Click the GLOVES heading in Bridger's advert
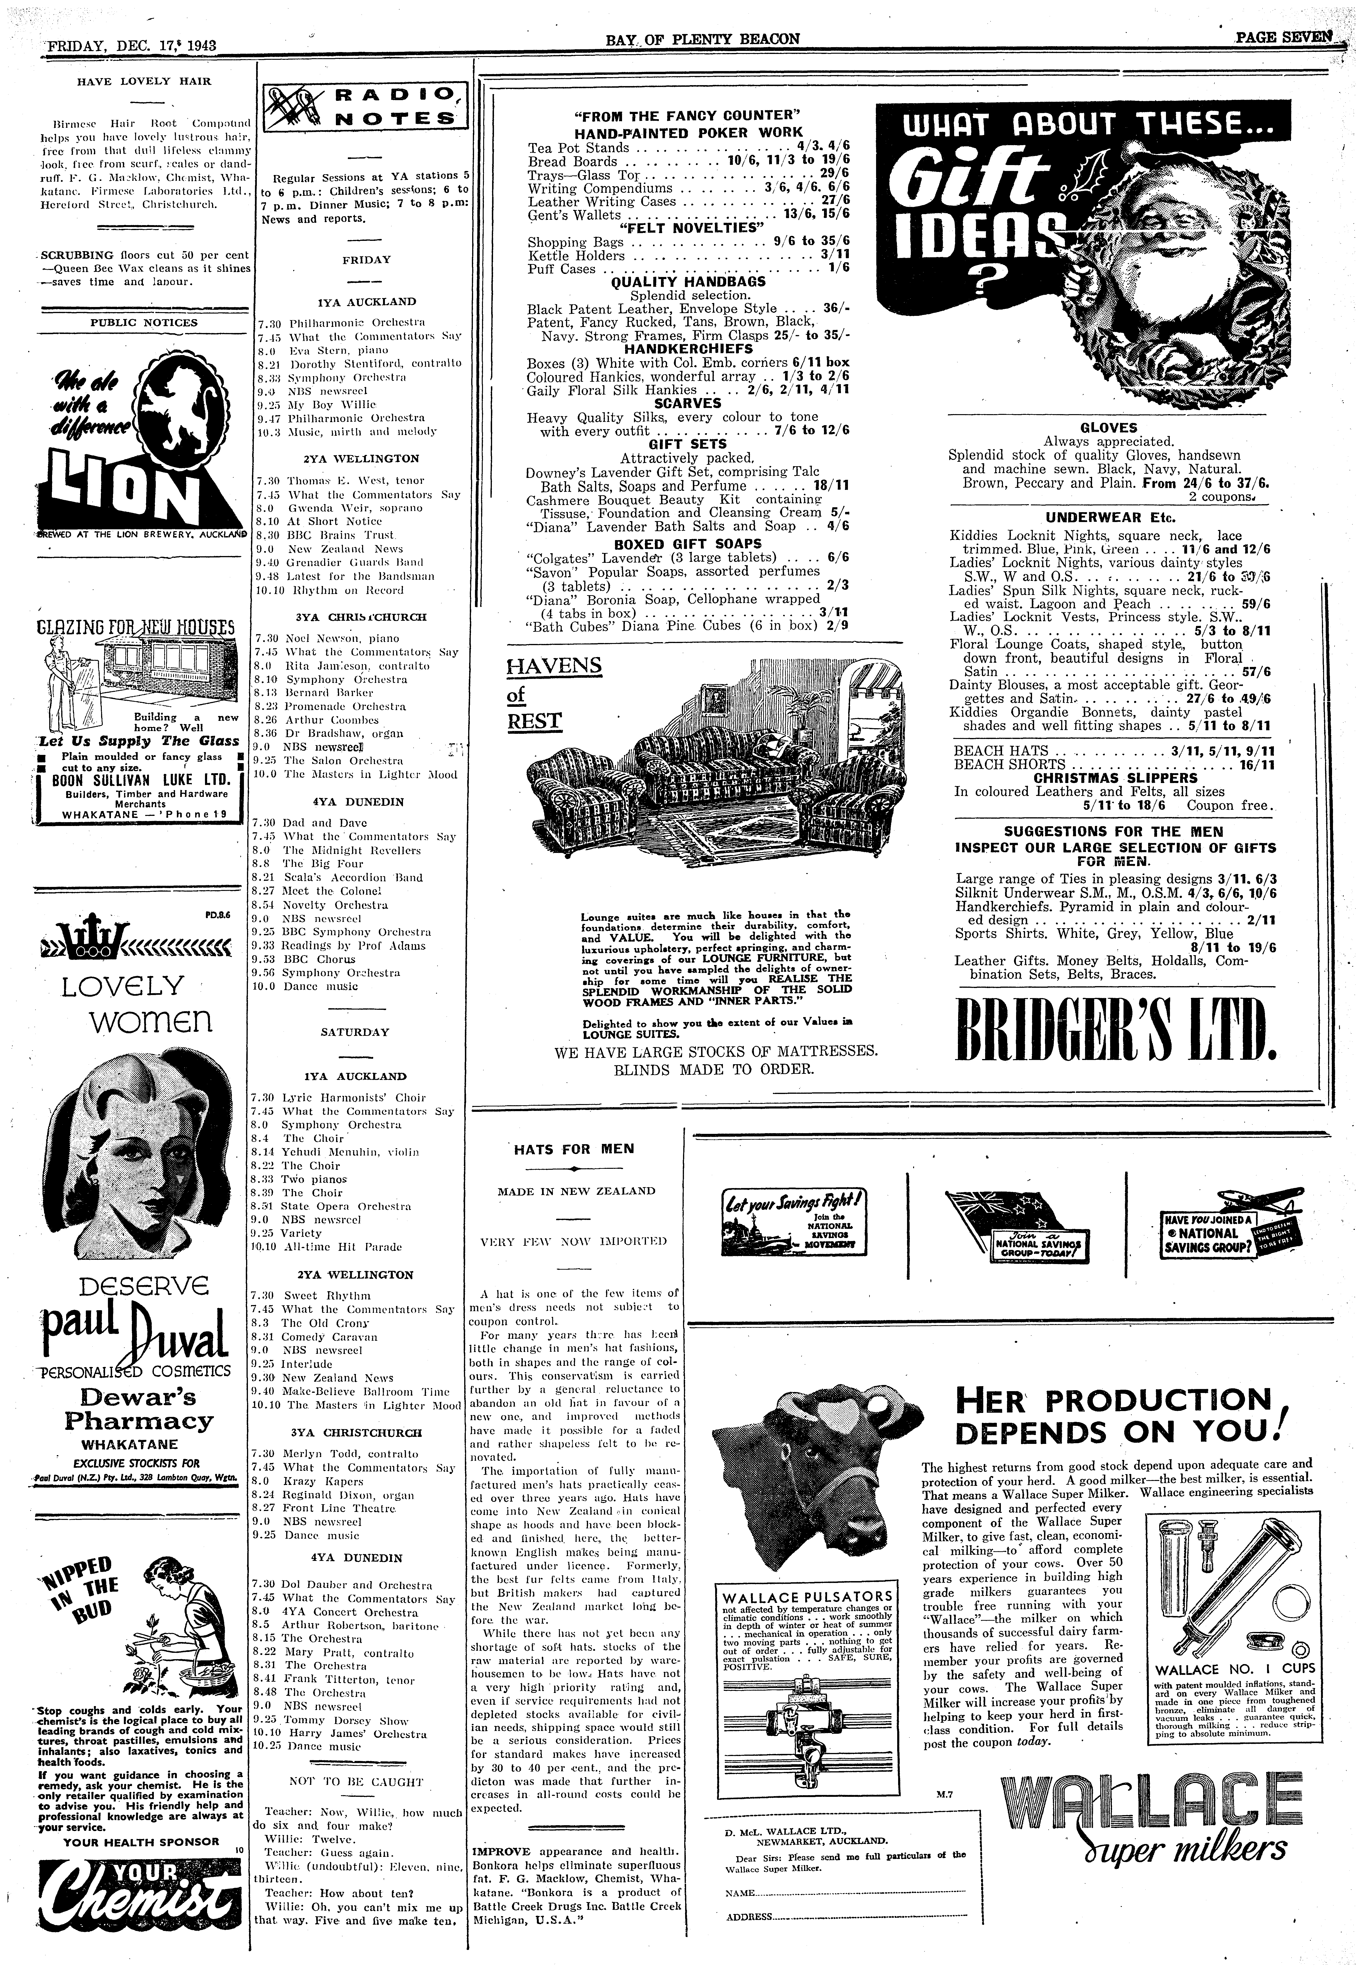pyautogui.click(x=1109, y=428)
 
